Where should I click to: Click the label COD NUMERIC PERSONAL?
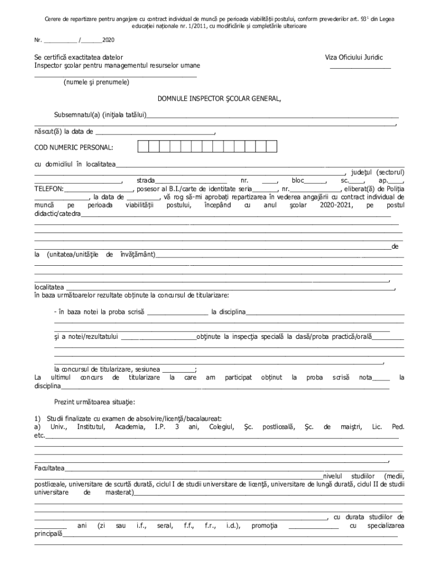[74, 148]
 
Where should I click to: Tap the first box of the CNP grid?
[143, 147]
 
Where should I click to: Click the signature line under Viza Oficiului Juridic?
[360, 68]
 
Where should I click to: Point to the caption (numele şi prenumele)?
[96, 82]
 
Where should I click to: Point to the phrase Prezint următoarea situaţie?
[93, 401]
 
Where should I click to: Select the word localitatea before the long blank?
[49, 288]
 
